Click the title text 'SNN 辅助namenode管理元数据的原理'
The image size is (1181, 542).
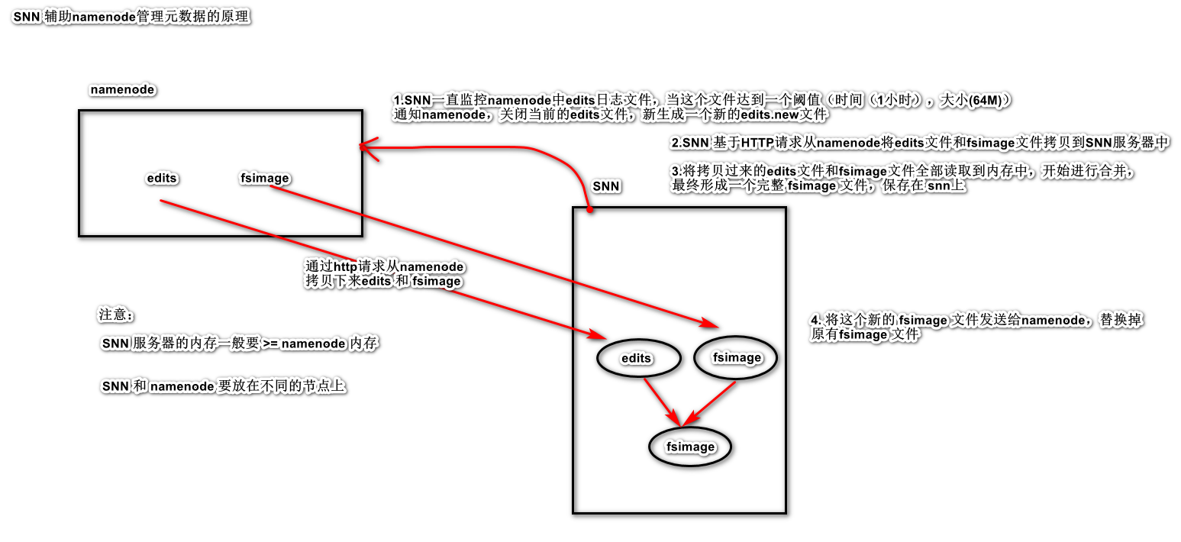pyautogui.click(x=131, y=18)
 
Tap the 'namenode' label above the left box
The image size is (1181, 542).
pyautogui.click(x=122, y=89)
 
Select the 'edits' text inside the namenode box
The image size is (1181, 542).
pyautogui.click(x=161, y=179)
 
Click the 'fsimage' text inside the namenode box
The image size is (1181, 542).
pyautogui.click(x=265, y=179)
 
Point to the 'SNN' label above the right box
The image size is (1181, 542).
pyautogui.click(x=606, y=186)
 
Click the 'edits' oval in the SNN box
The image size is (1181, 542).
pyautogui.click(x=637, y=357)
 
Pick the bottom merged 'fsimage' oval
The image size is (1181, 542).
pyautogui.click(x=690, y=447)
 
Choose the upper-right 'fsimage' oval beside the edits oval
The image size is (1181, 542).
pyautogui.click(x=736, y=357)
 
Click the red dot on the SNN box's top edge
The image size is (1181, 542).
pyautogui.click(x=589, y=208)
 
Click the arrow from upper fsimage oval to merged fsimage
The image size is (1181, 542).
pyautogui.click(x=711, y=402)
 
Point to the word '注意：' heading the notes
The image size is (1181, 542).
pyautogui.click(x=116, y=315)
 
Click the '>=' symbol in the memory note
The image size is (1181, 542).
pyautogui.click(x=270, y=344)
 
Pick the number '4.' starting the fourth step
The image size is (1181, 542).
pyautogui.click(x=815, y=320)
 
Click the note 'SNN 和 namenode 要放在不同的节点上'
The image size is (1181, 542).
pyautogui.click(x=224, y=387)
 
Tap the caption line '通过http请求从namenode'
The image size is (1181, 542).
pyautogui.click(x=385, y=267)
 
